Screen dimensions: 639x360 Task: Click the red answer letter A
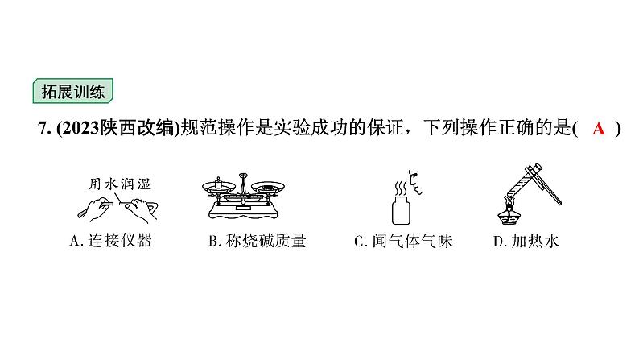coord(598,129)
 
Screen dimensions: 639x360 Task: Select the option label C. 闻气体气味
coord(404,241)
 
